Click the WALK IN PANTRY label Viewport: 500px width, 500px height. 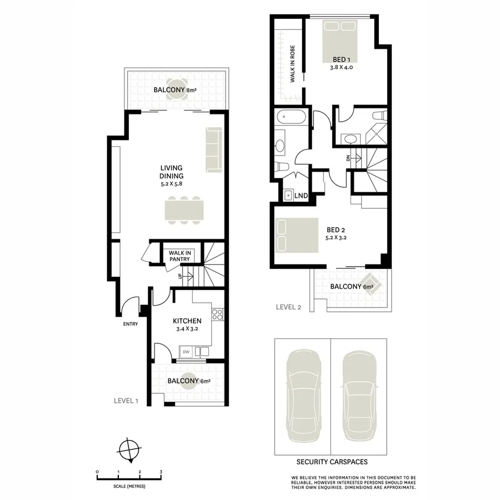point(179,256)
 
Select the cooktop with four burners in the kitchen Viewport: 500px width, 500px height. point(218,316)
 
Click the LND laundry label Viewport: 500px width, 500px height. point(301,196)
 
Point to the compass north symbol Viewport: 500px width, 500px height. point(131,448)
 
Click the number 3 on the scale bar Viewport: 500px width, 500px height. point(161,472)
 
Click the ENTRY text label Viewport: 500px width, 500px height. point(130,324)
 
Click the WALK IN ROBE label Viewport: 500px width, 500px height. point(292,64)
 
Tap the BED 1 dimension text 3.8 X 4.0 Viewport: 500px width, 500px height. point(341,67)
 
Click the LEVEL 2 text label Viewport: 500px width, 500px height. point(288,306)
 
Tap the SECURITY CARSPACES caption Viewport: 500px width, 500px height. point(332,462)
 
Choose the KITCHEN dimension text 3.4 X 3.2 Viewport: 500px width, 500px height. point(186,329)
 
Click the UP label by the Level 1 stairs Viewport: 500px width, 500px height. point(179,276)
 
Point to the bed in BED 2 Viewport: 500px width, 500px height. point(298,235)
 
